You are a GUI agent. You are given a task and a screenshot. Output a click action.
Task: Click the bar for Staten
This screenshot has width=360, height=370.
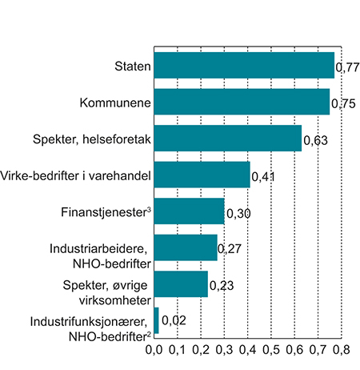click(x=243, y=65)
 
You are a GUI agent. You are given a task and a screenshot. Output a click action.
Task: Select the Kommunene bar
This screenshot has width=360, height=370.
click(x=241, y=102)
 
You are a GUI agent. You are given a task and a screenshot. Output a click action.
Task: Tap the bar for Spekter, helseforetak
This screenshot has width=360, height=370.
click(x=227, y=138)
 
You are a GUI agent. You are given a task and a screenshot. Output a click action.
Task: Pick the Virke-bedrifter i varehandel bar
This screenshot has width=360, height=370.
click(x=201, y=175)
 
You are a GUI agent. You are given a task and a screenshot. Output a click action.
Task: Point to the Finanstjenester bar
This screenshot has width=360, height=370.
click(x=188, y=211)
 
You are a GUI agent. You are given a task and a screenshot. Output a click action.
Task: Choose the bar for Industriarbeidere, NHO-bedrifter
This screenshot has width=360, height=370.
click(x=185, y=247)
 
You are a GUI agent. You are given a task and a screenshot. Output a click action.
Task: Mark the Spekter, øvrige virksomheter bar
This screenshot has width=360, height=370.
click(x=180, y=284)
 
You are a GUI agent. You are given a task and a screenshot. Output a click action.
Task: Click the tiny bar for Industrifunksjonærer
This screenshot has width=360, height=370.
click(x=156, y=320)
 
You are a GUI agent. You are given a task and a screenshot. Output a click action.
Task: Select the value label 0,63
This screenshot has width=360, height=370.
click(x=314, y=140)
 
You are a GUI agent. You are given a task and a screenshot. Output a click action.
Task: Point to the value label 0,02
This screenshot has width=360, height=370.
click(x=173, y=322)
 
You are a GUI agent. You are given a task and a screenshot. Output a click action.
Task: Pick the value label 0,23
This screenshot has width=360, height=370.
click(x=221, y=286)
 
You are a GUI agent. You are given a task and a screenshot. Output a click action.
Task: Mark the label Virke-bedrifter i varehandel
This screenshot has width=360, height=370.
click(x=76, y=175)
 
